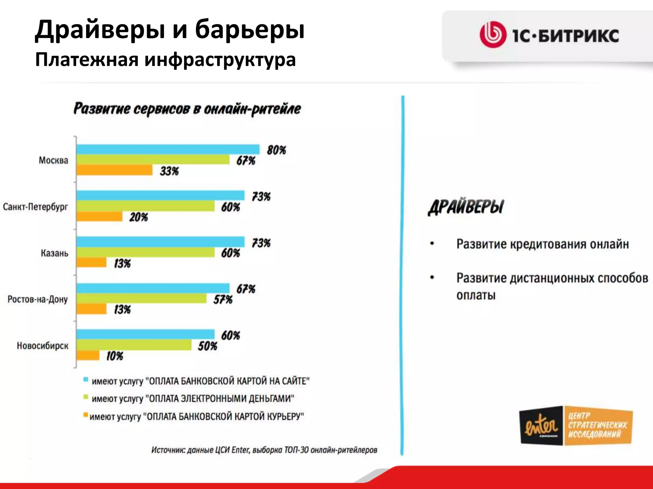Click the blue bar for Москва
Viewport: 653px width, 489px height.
(168, 149)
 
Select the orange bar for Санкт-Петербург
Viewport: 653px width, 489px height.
(99, 216)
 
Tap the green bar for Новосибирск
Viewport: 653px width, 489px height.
(134, 345)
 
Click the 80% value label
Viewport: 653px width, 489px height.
(276, 150)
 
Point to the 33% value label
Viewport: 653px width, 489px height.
(169, 171)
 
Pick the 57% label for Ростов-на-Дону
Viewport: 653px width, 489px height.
(223, 300)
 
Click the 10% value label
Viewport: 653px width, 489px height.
(114, 356)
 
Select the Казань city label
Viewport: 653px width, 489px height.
(55, 253)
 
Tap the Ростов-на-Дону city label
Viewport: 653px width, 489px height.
(38, 299)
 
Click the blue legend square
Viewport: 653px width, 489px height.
(85, 379)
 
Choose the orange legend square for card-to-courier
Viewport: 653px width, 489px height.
(85, 415)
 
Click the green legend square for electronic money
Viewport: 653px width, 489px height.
(85, 397)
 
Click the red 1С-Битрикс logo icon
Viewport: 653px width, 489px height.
(493, 35)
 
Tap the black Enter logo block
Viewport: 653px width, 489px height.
(541, 425)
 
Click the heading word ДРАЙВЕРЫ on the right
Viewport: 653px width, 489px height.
(466, 207)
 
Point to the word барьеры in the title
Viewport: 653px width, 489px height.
(250, 30)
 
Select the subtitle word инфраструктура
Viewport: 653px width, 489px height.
(220, 60)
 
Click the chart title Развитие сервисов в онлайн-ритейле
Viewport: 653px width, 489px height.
(187, 109)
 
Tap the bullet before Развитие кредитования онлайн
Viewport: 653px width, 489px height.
(432, 244)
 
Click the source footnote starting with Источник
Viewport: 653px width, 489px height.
(264, 450)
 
